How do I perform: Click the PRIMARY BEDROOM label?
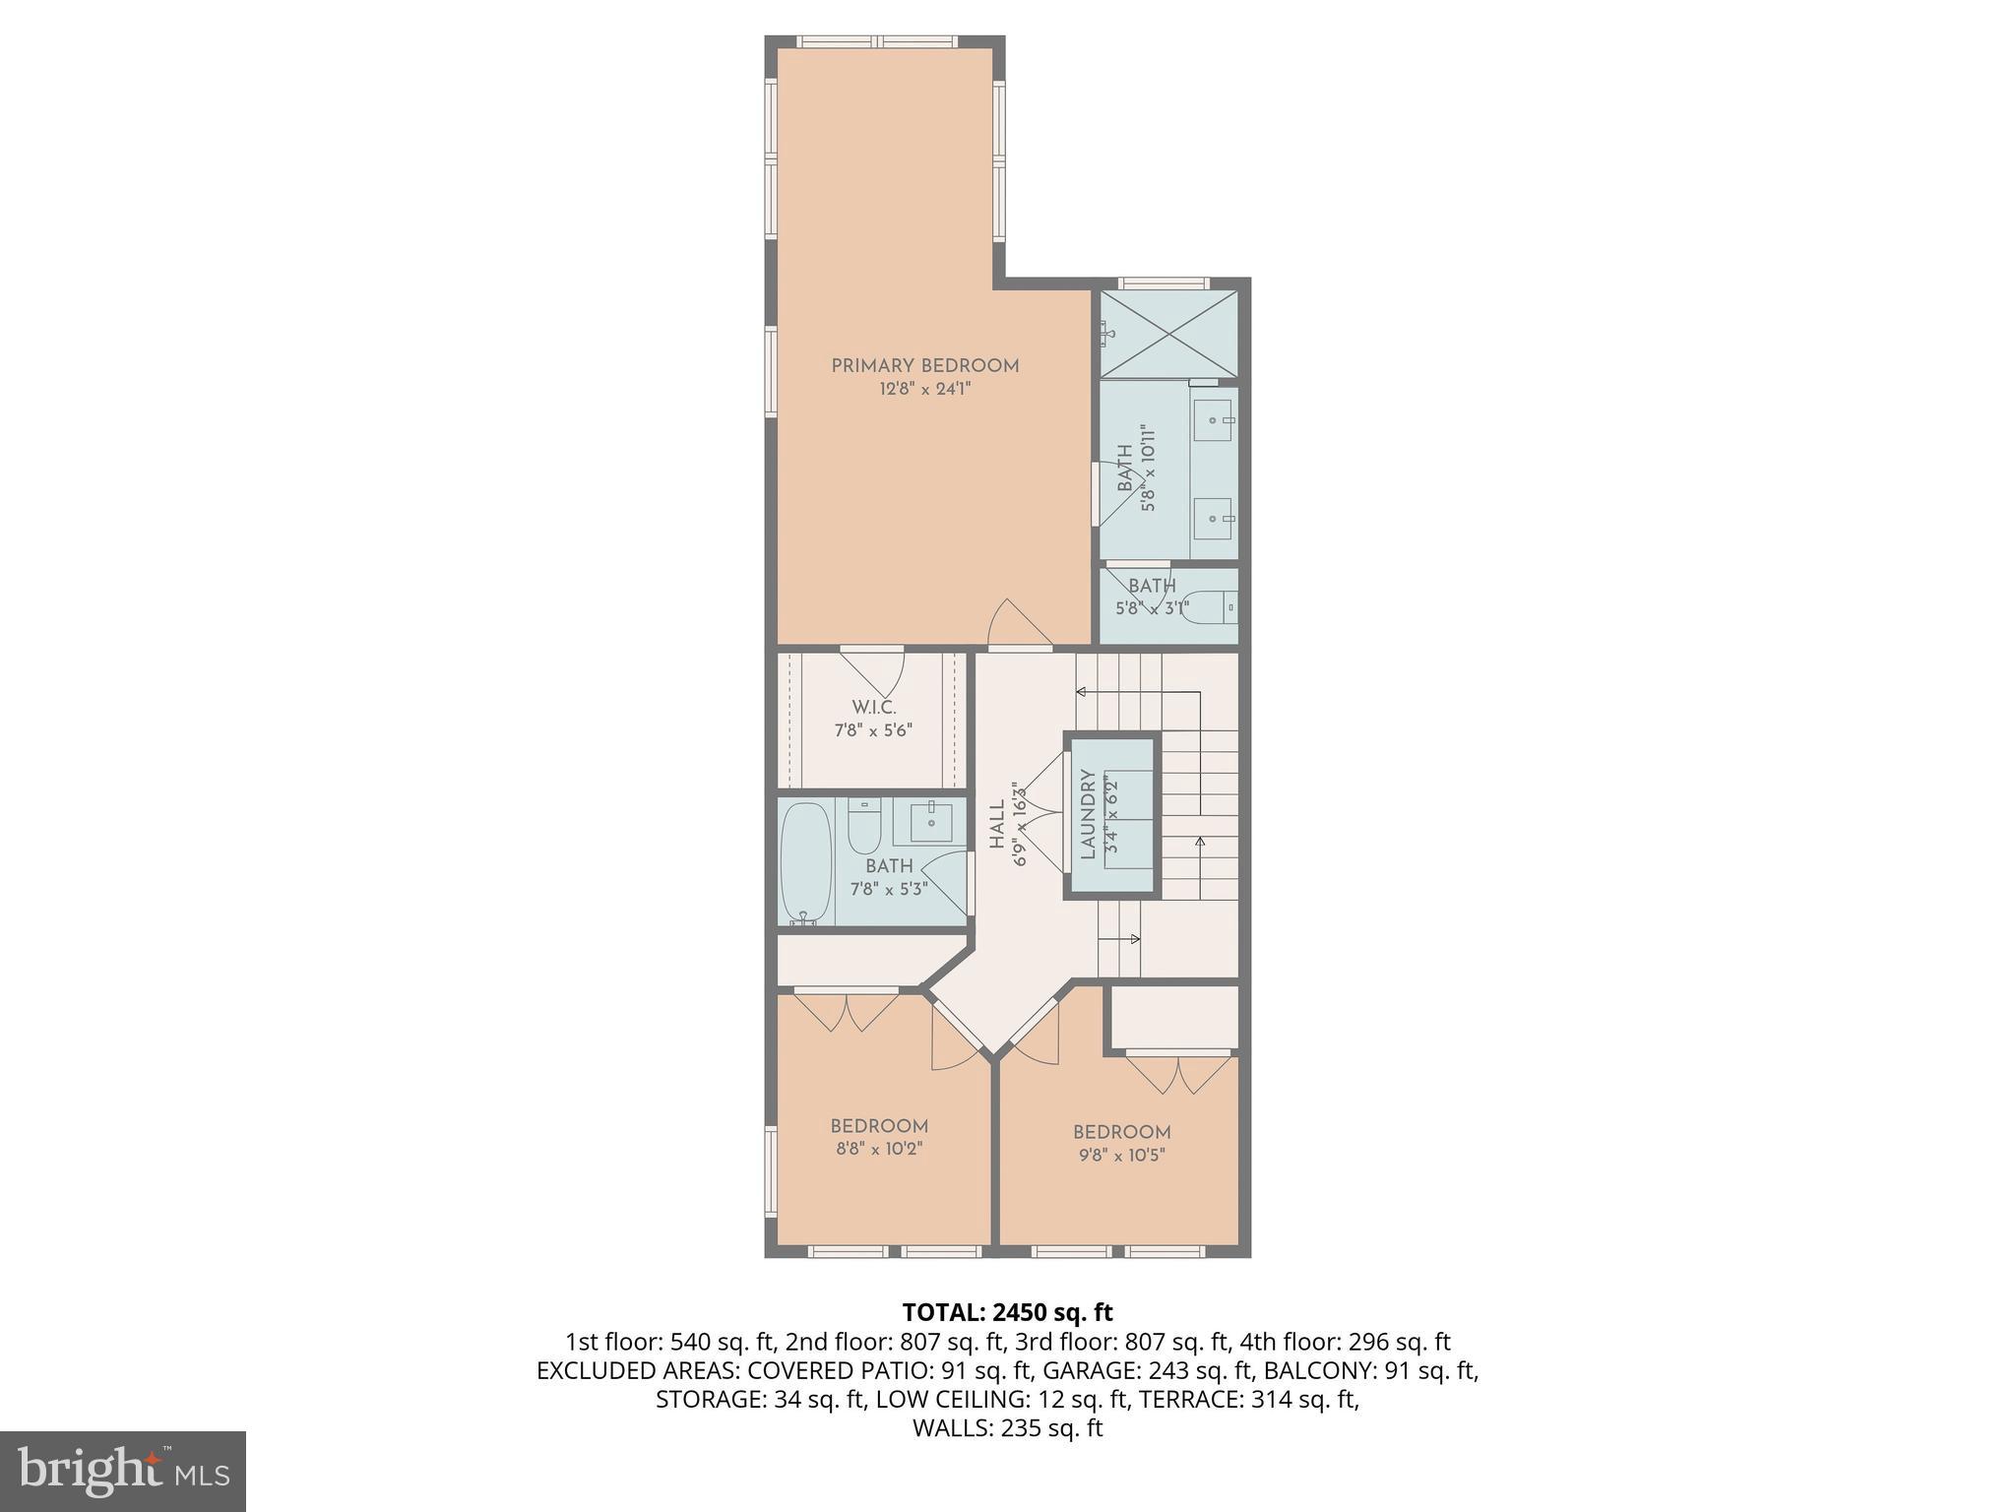(x=924, y=366)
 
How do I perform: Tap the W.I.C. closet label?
(x=873, y=708)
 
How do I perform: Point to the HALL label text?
(x=997, y=825)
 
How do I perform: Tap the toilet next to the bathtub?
(x=863, y=827)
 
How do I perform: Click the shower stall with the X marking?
(x=1167, y=334)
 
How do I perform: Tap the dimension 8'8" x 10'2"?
(x=878, y=1149)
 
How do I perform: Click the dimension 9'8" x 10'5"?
(x=1121, y=1155)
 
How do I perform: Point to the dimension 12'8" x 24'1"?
(x=924, y=389)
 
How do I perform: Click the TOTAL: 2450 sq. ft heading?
(x=1007, y=1312)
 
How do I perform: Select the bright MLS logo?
(x=122, y=1471)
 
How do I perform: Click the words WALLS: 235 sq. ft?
(x=1007, y=1428)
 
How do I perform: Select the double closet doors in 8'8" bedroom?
(x=847, y=1011)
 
